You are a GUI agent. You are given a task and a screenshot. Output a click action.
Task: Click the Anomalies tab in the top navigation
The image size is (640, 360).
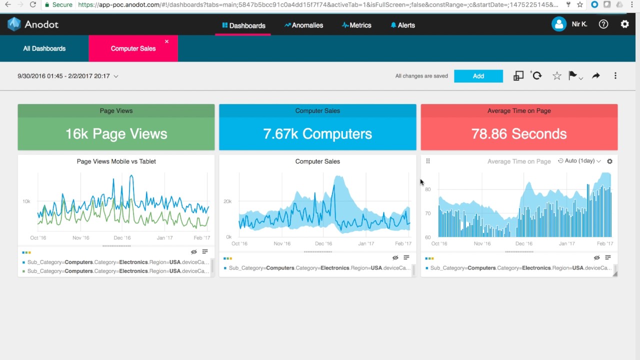tap(304, 25)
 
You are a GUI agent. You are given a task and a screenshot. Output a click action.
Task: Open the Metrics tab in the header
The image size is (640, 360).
tap(356, 25)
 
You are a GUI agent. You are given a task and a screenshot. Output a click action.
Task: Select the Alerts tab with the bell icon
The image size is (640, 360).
tap(403, 25)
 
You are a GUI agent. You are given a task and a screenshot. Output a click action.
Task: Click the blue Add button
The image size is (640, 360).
tap(478, 76)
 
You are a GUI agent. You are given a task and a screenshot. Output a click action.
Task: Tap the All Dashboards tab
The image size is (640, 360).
tap(44, 48)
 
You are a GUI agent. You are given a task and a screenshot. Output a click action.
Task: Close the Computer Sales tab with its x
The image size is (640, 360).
tap(166, 41)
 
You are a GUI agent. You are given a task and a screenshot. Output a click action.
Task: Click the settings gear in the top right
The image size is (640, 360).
tap(624, 24)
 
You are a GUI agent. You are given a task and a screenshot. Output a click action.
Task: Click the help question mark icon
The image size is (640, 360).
tap(603, 24)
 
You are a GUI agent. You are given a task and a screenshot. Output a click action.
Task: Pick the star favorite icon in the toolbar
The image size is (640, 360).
tap(556, 76)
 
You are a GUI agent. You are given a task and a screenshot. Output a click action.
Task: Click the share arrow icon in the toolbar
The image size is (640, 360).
tap(595, 76)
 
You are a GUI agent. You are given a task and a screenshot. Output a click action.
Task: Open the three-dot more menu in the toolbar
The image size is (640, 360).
tap(615, 76)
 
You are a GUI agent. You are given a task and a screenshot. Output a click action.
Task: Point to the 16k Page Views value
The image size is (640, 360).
tap(116, 133)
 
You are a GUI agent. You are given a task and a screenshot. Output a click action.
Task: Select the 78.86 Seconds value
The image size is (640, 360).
tap(519, 133)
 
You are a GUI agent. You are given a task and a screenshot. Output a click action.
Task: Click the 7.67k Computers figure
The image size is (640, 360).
tap(317, 133)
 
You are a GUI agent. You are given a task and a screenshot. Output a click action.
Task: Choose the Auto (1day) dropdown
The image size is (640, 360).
tap(579, 161)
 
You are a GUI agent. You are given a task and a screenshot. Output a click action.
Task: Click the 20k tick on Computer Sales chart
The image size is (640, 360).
tap(227, 201)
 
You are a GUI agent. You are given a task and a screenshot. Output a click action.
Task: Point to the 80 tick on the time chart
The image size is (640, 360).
tap(428, 189)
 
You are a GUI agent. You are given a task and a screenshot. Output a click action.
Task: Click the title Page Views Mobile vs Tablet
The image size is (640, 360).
tap(116, 161)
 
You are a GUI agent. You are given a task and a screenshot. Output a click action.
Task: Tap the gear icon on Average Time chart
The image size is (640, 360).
tap(609, 161)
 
